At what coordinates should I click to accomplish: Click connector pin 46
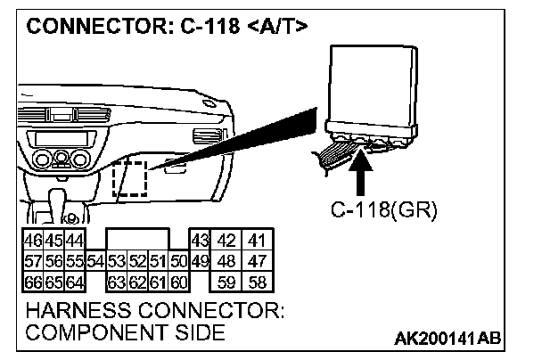pyautogui.click(x=31, y=240)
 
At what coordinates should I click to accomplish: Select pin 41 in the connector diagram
pyautogui.click(x=259, y=240)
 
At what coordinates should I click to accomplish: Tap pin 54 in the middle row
pyautogui.click(x=96, y=261)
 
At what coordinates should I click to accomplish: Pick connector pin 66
pyautogui.click(x=31, y=282)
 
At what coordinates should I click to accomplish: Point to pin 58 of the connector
pyautogui.click(x=259, y=282)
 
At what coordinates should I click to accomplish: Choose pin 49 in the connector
pyautogui.click(x=200, y=261)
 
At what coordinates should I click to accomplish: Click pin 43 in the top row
pyautogui.click(x=200, y=240)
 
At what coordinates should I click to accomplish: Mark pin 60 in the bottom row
pyautogui.click(x=178, y=282)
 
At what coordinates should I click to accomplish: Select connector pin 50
pyautogui.click(x=178, y=261)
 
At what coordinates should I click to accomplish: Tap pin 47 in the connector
pyautogui.click(x=259, y=261)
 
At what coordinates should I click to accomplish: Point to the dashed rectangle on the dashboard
pyautogui.click(x=129, y=179)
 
